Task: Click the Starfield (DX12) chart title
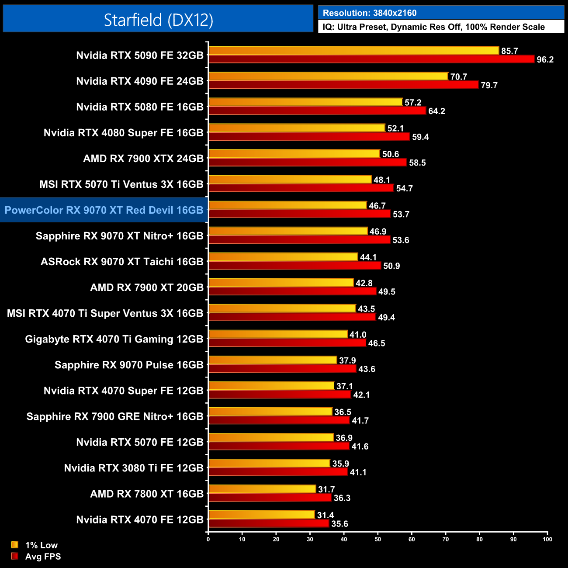158,20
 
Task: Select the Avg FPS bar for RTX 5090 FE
371,59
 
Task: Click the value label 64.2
436,111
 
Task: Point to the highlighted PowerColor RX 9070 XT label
104,210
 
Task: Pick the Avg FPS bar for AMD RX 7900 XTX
308,163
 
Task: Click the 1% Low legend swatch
15,545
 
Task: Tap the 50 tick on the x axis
378,539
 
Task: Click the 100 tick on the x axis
547,539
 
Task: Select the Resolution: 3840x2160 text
370,13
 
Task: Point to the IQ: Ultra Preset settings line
433,27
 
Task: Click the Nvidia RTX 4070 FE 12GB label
140,520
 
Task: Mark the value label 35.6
339,524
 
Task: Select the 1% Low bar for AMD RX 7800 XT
262,489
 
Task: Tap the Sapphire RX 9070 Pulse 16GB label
129,365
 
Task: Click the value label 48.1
382,180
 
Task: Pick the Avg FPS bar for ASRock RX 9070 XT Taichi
295,266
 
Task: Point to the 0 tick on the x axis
208,539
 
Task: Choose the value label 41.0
358,335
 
